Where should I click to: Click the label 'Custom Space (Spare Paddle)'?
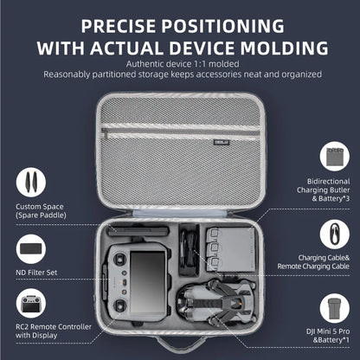[39, 211]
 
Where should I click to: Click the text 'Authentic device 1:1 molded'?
[179, 64]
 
